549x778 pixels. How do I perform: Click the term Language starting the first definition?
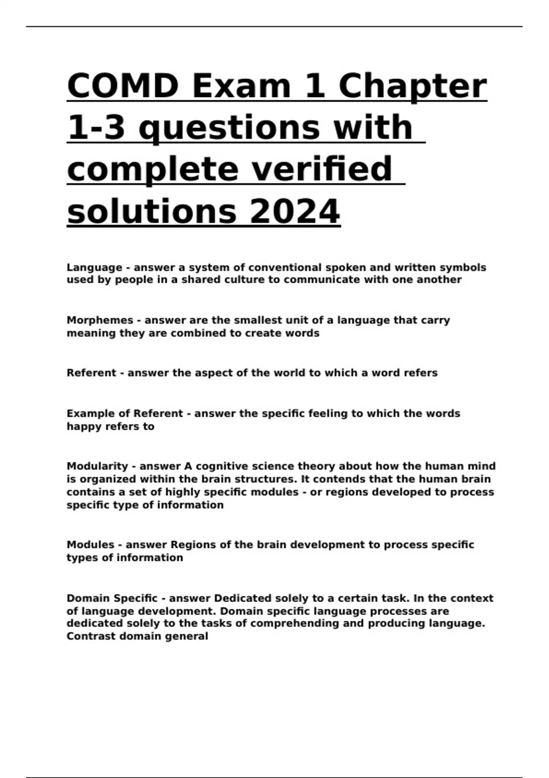pyautogui.click(x=94, y=267)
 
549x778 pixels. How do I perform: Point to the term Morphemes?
pyautogui.click(x=100, y=320)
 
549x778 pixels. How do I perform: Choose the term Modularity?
pyautogui.click(x=97, y=466)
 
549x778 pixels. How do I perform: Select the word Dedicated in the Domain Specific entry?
pyautogui.click(x=242, y=599)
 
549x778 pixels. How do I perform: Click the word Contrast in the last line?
pyautogui.click(x=88, y=637)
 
